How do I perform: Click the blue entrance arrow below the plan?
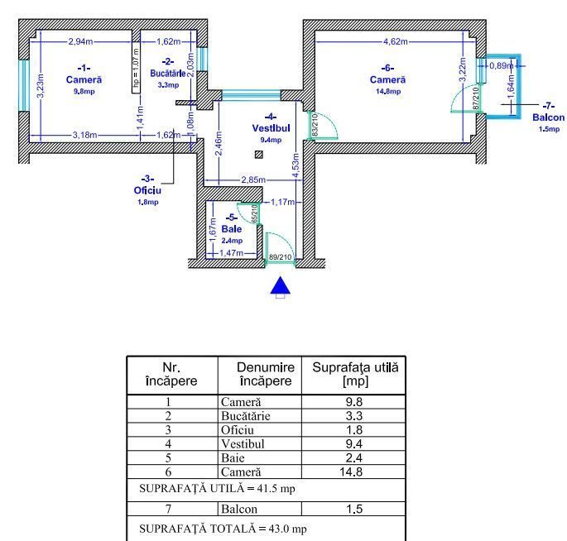click(x=281, y=285)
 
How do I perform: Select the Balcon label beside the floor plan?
click(x=548, y=117)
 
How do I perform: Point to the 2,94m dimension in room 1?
click(x=80, y=41)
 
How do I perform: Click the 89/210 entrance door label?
click(x=281, y=258)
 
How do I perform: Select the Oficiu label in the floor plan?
click(x=147, y=189)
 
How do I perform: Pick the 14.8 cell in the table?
click(x=353, y=472)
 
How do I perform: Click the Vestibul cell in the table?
click(x=244, y=443)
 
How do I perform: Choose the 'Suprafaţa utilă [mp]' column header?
click(x=353, y=374)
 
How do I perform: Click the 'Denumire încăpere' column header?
click(x=265, y=374)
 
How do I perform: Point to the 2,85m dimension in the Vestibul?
click(x=252, y=180)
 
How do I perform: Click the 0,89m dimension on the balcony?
click(x=500, y=65)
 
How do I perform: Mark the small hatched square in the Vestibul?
click(x=259, y=154)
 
